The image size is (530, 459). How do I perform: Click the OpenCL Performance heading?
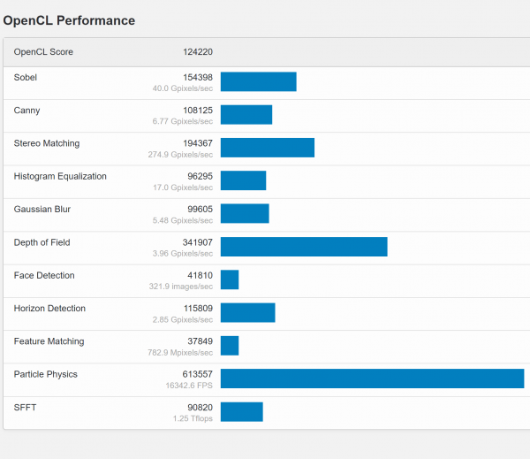[x=69, y=19]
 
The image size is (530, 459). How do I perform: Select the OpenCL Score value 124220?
[x=197, y=52]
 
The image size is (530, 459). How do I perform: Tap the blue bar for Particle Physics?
[x=372, y=379]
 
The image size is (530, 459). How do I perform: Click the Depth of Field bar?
[x=304, y=247]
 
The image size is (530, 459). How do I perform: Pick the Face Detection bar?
[x=230, y=279]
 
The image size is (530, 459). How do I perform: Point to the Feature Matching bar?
[x=230, y=346]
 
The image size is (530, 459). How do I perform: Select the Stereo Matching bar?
[x=268, y=148]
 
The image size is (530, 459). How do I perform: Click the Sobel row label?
[x=26, y=78]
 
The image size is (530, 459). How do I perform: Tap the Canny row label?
[x=26, y=111]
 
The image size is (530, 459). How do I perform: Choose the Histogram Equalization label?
[x=60, y=176]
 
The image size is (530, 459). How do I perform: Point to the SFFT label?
[x=25, y=408]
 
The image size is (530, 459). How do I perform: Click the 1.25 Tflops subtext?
[x=192, y=418]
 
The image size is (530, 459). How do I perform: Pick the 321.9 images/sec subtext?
[x=181, y=287]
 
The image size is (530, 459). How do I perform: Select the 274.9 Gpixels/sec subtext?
[x=180, y=155]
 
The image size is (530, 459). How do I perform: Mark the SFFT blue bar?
[x=242, y=411]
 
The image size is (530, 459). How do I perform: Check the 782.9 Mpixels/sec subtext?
[x=180, y=353]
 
